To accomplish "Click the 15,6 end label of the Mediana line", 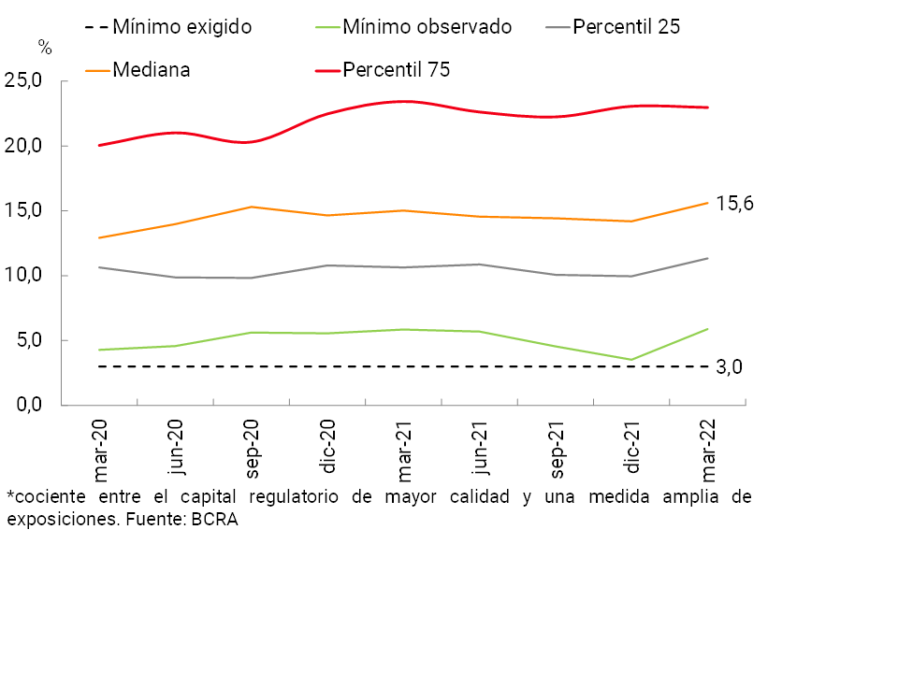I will point(734,204).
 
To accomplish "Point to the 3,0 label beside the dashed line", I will point(729,367).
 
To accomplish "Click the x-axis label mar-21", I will point(404,445).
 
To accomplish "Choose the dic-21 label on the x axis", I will point(632,445).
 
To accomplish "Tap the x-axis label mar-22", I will point(708,445).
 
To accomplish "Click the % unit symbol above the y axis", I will point(45,48).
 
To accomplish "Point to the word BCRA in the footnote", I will point(215,521).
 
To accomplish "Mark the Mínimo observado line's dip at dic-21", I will point(632,360).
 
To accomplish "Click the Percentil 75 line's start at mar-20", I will point(99,145).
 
